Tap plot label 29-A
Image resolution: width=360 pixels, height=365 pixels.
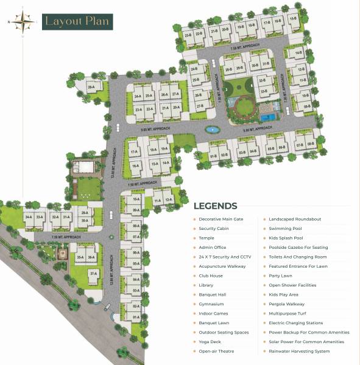click(91, 88)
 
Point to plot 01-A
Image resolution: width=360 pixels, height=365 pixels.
click(136, 317)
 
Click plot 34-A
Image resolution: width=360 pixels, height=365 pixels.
click(28, 217)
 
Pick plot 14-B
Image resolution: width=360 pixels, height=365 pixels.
click(299, 54)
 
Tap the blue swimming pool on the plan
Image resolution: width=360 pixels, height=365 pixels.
click(266, 113)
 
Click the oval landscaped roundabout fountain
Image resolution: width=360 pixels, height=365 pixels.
click(211, 129)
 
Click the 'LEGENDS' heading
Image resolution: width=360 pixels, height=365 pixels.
click(215, 206)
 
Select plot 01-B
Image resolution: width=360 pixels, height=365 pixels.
click(213, 156)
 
